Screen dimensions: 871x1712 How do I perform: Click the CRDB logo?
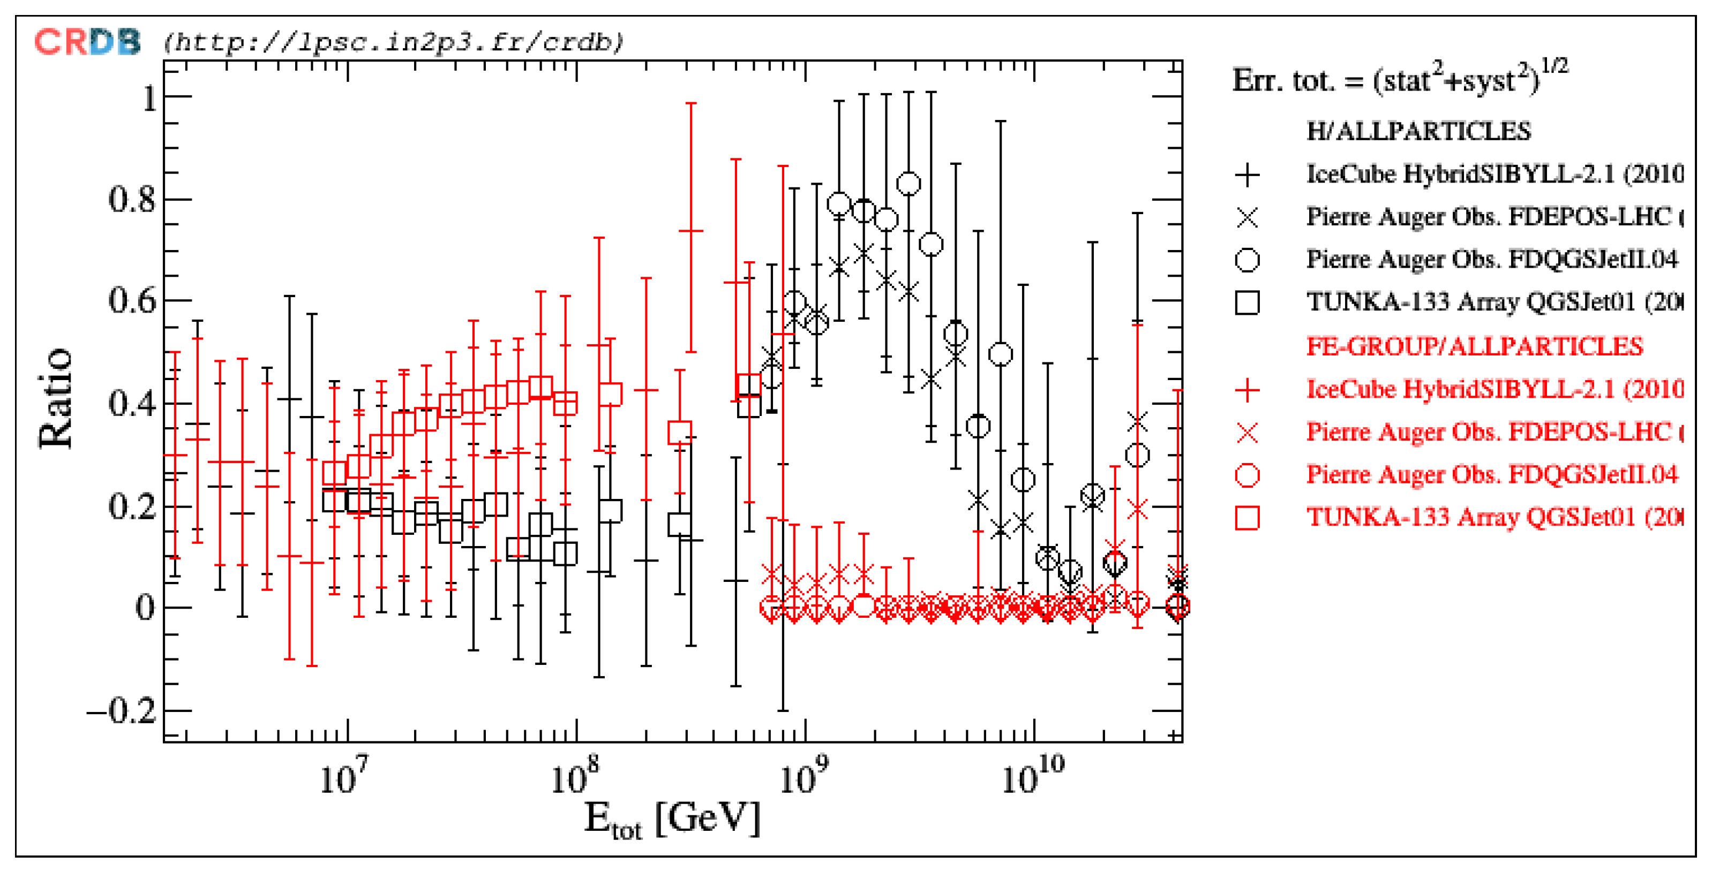(x=87, y=42)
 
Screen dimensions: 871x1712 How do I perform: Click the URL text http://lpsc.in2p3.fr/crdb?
(x=393, y=42)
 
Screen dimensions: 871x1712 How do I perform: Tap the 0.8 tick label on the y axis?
(x=132, y=199)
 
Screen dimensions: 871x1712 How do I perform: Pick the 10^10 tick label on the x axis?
(x=1032, y=776)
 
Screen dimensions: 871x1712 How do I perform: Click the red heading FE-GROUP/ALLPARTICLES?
(x=1474, y=347)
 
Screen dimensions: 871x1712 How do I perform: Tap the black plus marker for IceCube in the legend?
(x=1247, y=176)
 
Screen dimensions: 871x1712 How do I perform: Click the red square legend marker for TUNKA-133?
(x=1247, y=518)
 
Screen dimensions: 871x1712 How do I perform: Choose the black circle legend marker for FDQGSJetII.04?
(x=1247, y=260)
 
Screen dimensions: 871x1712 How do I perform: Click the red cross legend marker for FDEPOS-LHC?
(x=1247, y=433)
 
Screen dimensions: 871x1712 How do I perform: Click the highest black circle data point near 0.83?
(x=908, y=184)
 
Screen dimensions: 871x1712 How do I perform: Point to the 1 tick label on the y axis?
(x=149, y=99)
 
